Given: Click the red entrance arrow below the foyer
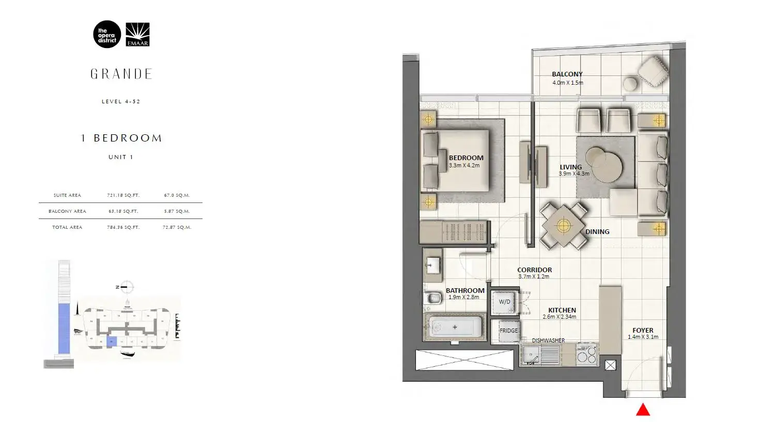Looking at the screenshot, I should tap(643, 410).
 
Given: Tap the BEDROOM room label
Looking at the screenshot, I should tap(466, 158).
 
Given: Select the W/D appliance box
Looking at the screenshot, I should tap(504, 302).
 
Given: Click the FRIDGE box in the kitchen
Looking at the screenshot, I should tap(508, 331).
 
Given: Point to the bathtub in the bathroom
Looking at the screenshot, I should tap(455, 327).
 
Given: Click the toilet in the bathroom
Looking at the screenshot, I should tap(431, 298).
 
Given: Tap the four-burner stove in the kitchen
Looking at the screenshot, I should tap(587, 355).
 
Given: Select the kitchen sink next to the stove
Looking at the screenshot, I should tap(531, 355).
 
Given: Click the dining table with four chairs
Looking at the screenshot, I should tap(563, 226).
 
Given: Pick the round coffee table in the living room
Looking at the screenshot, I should tap(604, 165).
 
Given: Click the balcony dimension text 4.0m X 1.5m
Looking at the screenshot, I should tap(567, 83).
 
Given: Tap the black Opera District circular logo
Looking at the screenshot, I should tap(107, 35).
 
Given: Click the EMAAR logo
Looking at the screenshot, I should tap(137, 35).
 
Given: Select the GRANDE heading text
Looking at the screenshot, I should tap(121, 74).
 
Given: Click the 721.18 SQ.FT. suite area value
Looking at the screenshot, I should tap(123, 195).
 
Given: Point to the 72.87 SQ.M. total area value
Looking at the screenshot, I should tap(177, 227).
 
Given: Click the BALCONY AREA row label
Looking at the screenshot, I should tap(67, 211).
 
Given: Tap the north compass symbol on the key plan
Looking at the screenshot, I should tap(126, 287).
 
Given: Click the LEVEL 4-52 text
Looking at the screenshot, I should tap(121, 102).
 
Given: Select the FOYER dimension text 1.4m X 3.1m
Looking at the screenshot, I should tap(643, 337).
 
